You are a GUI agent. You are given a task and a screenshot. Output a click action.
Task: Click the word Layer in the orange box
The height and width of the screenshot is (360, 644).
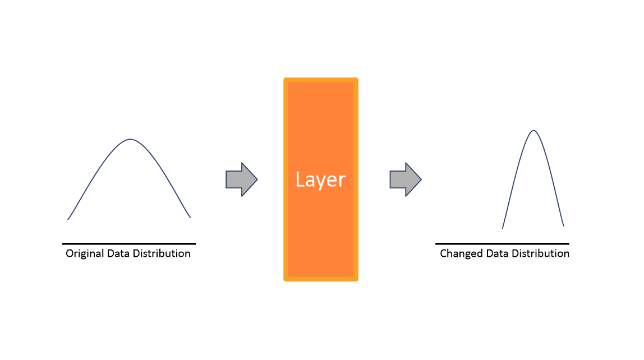[x=320, y=180]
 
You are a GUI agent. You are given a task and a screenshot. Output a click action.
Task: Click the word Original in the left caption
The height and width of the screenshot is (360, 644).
[x=85, y=253]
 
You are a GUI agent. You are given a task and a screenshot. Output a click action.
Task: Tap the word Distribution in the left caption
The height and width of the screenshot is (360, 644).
[x=162, y=253]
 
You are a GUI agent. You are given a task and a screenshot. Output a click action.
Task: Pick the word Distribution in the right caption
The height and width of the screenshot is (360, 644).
[x=539, y=253]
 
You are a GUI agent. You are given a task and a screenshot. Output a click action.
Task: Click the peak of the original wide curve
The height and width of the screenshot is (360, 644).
[x=131, y=139]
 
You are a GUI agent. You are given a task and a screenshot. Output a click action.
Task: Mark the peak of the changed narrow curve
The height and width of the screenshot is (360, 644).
[x=533, y=131]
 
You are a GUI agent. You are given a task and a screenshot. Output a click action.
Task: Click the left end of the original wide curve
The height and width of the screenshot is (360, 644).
[x=68, y=219]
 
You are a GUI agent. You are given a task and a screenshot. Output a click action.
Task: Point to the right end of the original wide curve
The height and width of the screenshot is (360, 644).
[x=190, y=217]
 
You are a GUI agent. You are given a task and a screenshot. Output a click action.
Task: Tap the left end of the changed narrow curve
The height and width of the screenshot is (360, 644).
[x=503, y=228]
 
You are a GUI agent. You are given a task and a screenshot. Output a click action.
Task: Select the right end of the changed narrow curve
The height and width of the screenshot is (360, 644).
[x=563, y=225]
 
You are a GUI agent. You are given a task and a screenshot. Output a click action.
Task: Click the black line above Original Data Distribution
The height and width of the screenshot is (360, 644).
[x=129, y=243]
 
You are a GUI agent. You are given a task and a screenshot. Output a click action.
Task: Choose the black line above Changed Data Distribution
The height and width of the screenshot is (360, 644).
[x=502, y=243]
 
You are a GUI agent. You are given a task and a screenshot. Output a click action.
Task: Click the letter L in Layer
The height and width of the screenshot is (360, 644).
[x=300, y=180]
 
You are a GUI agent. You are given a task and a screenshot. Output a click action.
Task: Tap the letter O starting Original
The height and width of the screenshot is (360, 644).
[x=70, y=253]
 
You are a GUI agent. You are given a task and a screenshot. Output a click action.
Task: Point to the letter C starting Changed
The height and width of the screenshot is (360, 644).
[x=443, y=253]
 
